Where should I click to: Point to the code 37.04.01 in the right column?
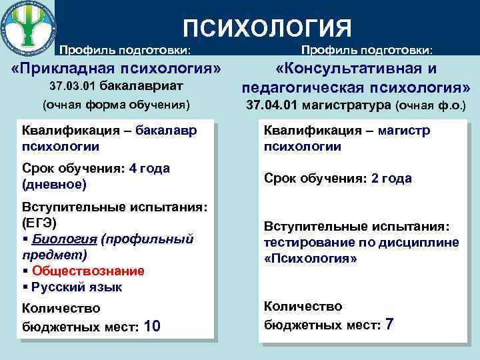pyautogui.click(x=273, y=105)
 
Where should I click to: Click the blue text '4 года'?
pyautogui.click(x=150, y=168)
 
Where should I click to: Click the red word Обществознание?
pyautogui.click(x=88, y=271)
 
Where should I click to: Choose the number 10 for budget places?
pyautogui.click(x=152, y=326)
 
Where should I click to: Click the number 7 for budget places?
pyautogui.click(x=389, y=325)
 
